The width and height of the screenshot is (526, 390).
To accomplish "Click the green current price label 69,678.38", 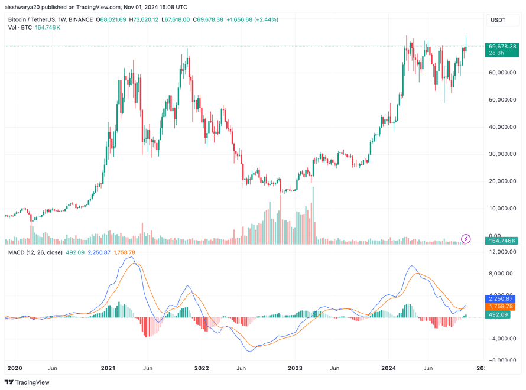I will tap(502, 46).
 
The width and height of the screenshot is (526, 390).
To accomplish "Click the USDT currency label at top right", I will tap(498, 20).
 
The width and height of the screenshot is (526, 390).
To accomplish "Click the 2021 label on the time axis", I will tap(108, 367).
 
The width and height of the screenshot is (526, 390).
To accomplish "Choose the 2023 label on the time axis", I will tap(295, 367).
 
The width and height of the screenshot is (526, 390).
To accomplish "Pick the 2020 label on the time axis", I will tap(15, 367).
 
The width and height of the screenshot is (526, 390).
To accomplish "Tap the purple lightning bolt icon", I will tap(466, 239).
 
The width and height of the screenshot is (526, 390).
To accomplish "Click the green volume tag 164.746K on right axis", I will tap(502, 240).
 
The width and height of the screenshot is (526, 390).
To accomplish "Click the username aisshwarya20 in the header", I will tap(24, 7).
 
